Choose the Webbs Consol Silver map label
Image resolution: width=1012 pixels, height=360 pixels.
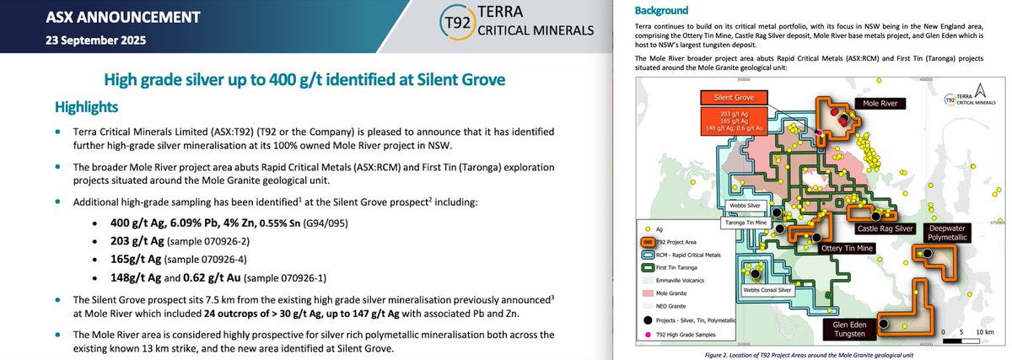[x=767, y=289]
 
